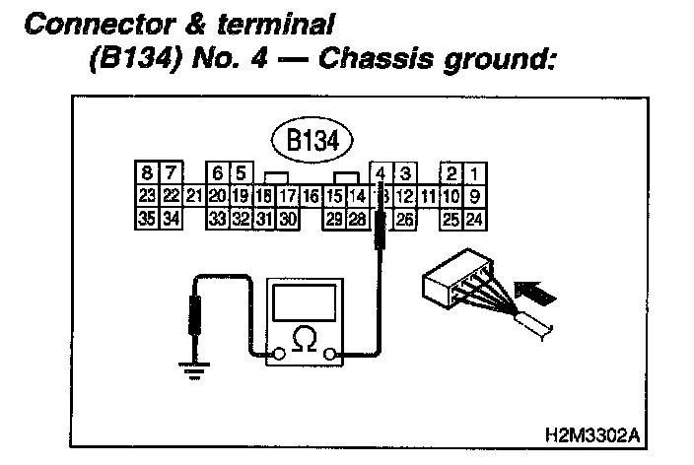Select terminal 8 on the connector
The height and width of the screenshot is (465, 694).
[x=148, y=175]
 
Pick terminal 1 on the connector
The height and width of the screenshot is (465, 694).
[x=475, y=175]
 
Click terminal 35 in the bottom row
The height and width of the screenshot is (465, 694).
[x=148, y=219]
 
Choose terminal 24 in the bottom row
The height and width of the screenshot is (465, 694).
[x=475, y=219]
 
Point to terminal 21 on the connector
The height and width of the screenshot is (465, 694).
[x=194, y=196]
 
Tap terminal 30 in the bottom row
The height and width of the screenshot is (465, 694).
[x=288, y=219]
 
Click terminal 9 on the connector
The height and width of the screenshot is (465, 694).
[x=475, y=196]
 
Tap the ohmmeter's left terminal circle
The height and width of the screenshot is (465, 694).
[x=281, y=353]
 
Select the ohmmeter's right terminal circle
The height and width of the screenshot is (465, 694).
[x=333, y=353]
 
